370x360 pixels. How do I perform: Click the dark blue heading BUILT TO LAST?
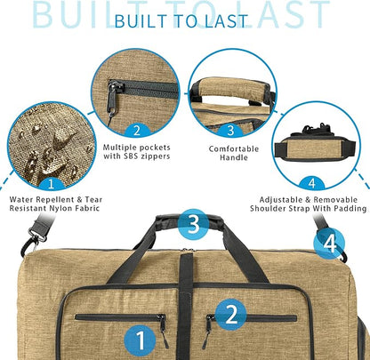click(181, 21)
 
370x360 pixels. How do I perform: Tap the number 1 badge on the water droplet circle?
click(52, 184)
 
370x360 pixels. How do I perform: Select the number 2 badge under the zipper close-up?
click(137, 130)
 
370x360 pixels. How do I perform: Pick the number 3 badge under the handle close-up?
click(230, 131)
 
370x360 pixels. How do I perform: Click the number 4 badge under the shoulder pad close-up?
click(312, 183)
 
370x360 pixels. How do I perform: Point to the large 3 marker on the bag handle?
click(193, 224)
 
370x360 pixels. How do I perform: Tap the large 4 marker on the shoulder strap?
click(329, 244)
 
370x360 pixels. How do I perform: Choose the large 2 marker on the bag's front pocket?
click(231, 315)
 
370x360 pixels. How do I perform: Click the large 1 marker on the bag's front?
click(140, 340)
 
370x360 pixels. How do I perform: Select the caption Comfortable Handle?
click(234, 153)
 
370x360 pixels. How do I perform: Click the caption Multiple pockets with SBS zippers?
click(137, 152)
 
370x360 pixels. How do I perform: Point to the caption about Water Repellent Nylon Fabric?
click(56, 204)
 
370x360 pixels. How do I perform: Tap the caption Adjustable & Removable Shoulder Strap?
click(309, 204)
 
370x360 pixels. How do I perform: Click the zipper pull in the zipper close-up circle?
click(113, 98)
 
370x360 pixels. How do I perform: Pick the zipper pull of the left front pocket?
click(163, 331)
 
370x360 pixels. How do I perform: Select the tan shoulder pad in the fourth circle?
click(316, 149)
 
